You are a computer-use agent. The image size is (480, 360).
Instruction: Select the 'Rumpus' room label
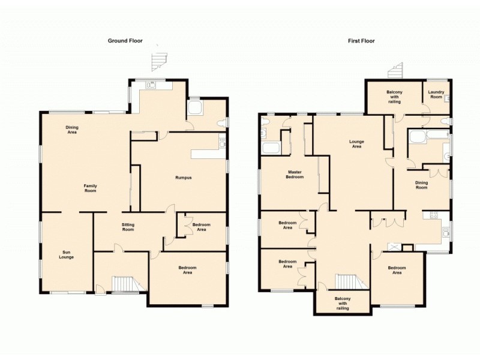point(183,178)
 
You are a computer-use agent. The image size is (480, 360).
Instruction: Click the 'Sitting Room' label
point(128,227)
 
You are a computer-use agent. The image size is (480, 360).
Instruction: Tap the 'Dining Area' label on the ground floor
point(72,130)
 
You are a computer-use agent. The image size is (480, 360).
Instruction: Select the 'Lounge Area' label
point(356,144)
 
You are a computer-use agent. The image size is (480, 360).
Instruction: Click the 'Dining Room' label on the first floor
point(422,185)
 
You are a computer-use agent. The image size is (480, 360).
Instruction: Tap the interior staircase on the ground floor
point(122,284)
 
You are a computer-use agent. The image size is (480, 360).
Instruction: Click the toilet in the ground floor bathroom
point(223,122)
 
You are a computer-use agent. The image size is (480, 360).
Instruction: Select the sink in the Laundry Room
point(447,98)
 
